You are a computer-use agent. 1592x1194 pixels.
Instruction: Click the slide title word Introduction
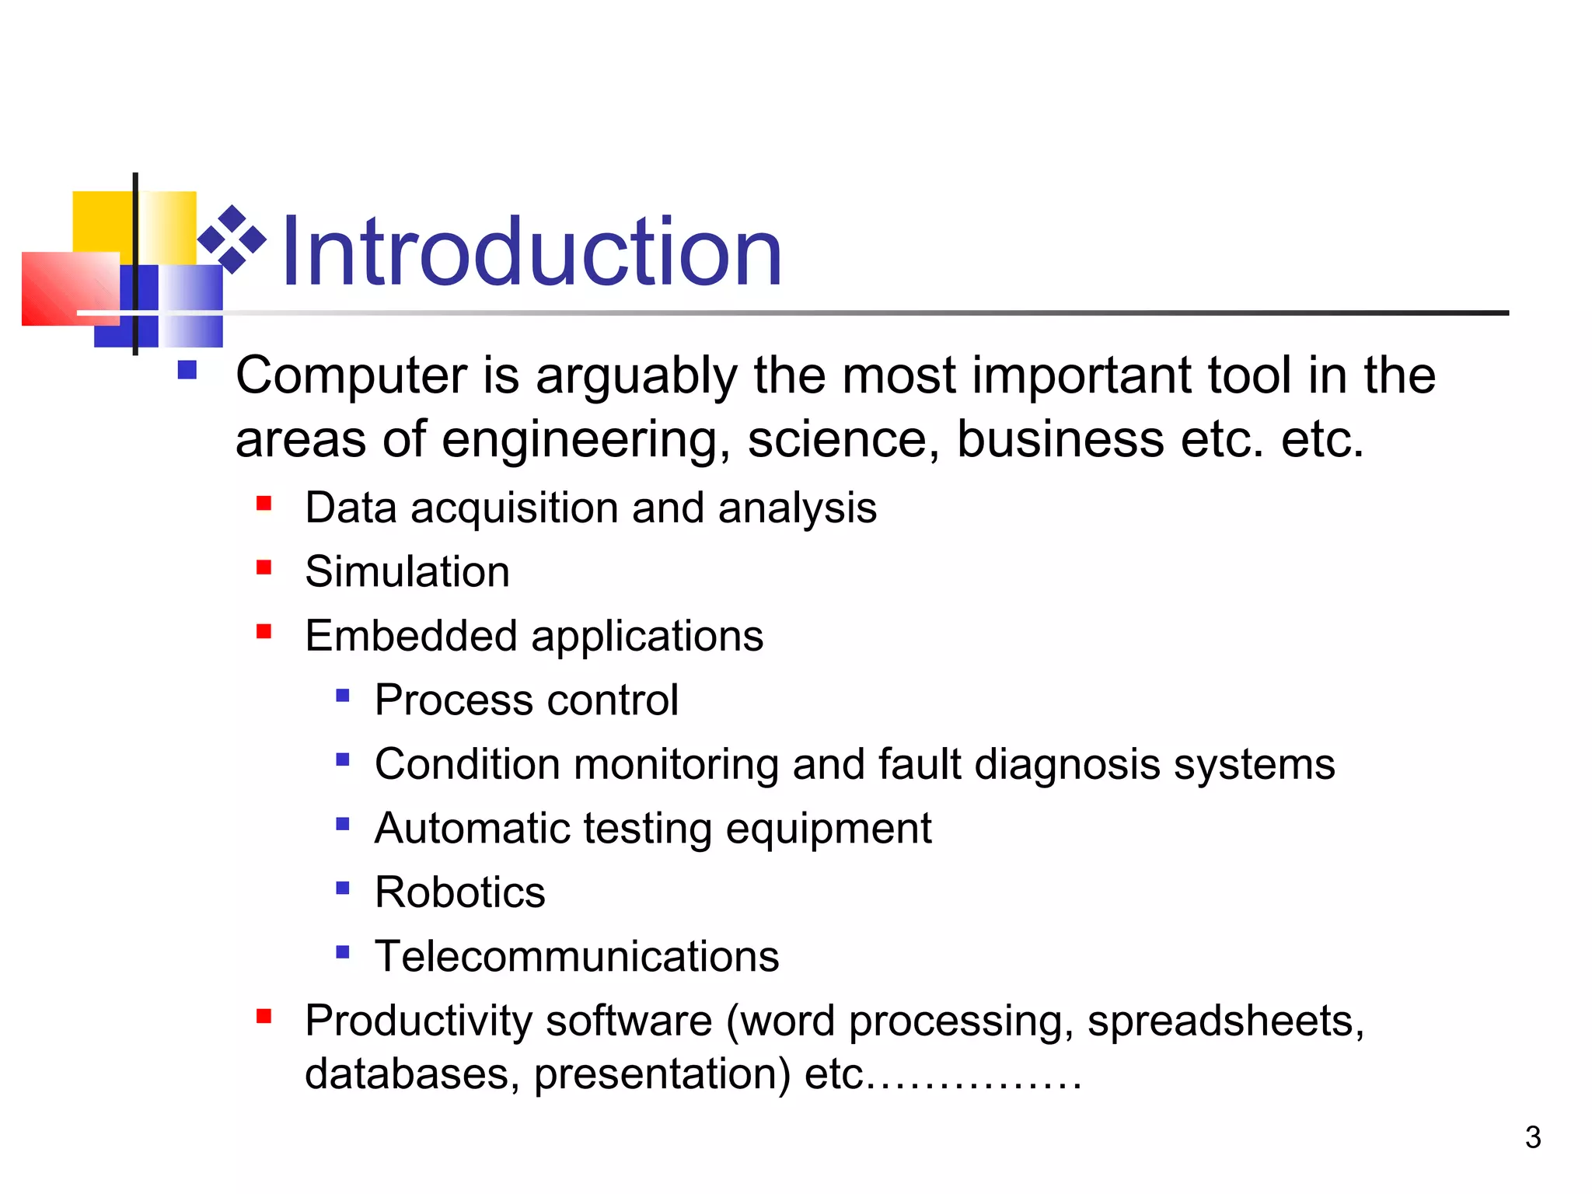(x=531, y=253)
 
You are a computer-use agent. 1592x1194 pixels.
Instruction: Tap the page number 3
(x=1532, y=1137)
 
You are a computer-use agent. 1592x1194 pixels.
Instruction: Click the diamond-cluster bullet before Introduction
(x=232, y=239)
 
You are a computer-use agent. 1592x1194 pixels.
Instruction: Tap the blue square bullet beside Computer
(x=187, y=369)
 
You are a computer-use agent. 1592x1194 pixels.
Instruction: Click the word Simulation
(x=407, y=572)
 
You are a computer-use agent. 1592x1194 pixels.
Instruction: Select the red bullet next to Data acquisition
(x=264, y=504)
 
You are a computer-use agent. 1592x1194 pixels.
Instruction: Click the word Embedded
(x=410, y=636)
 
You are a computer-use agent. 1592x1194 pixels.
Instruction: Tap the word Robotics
(x=459, y=892)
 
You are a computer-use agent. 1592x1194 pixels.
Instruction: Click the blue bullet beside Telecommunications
(x=343, y=951)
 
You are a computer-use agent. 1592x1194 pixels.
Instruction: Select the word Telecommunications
(x=576, y=956)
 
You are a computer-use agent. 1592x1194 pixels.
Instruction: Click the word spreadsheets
(x=1225, y=1021)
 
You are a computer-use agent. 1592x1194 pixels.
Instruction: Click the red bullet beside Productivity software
(x=264, y=1016)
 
